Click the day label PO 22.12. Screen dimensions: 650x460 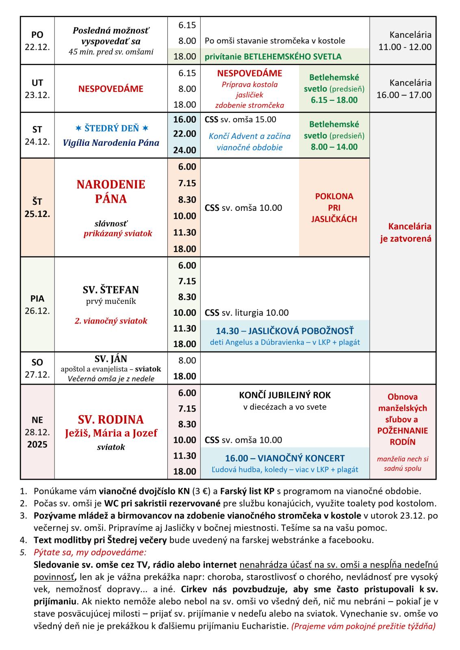pos(37,41)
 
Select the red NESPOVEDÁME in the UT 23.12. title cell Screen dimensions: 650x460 pos(111,89)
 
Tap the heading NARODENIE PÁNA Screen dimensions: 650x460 pos(111,191)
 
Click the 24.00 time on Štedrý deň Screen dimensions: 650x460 pos(184,150)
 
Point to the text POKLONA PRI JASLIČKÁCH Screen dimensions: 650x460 pos(334,208)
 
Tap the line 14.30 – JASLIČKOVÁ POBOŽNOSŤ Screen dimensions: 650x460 pos(285,331)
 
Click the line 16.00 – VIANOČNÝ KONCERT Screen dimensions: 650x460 pos(285,458)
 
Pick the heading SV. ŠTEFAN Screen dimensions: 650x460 pos(111,290)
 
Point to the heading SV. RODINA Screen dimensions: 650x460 pos(111,419)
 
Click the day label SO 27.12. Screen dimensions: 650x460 pos(37,368)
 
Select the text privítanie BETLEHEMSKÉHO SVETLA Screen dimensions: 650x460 pos(273,56)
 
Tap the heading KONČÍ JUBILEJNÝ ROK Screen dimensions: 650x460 pos(285,395)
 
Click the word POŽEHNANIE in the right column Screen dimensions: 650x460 pos(402,431)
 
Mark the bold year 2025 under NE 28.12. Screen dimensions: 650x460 pos(37,444)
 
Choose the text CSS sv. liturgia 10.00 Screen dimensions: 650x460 pos(247,313)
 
